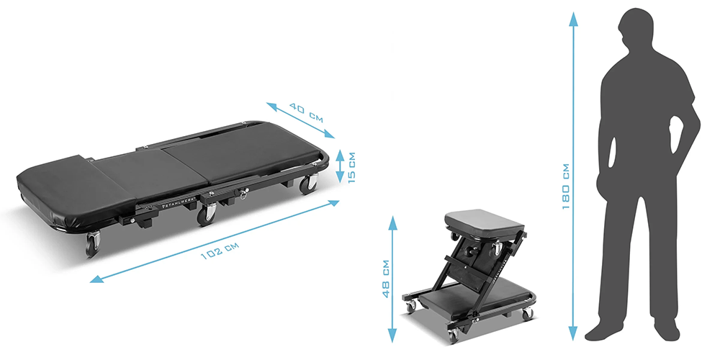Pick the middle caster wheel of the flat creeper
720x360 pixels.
pos(208,213)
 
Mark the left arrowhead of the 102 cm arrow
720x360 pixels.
pos(94,278)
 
